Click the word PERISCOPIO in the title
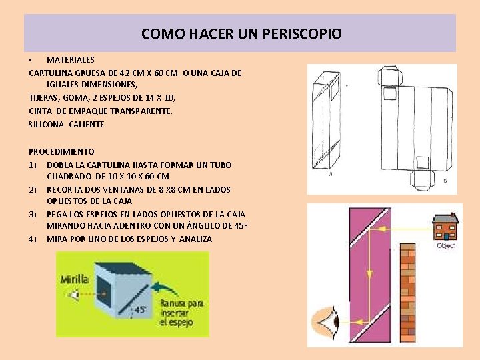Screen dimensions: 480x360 pyautogui.click(x=302, y=34)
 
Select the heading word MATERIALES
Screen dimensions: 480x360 pyautogui.click(x=71, y=60)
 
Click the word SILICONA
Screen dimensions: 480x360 pyautogui.click(x=46, y=124)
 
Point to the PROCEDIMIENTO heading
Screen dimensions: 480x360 pyautogui.click(x=61, y=151)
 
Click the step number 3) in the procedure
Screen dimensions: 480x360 pyautogui.click(x=33, y=214)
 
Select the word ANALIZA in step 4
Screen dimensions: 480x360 pyautogui.click(x=195, y=239)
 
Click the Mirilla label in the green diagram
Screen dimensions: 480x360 pyautogui.click(x=75, y=279)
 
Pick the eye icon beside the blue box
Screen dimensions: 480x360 pyautogui.click(x=73, y=295)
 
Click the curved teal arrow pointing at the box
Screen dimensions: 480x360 pyautogui.click(x=165, y=289)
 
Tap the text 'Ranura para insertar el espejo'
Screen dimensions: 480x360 pyautogui.click(x=181, y=313)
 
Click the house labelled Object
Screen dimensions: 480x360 pyautogui.click(x=445, y=227)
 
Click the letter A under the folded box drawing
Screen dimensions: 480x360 pyautogui.click(x=331, y=174)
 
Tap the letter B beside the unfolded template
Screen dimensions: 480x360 pyautogui.click(x=445, y=181)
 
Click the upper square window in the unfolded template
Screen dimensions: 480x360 pyautogui.click(x=390, y=93)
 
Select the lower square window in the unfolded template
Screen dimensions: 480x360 pyautogui.click(x=423, y=162)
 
